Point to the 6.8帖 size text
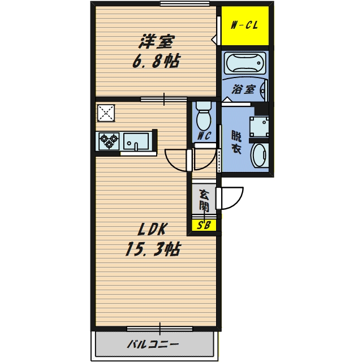tap(157, 61)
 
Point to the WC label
tap(204, 136)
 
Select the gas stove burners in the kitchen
tap(108, 140)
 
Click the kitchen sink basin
tap(136, 140)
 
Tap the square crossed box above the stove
tap(106, 113)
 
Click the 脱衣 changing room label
tap(236, 142)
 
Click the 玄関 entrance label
tap(204, 200)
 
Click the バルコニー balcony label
tap(153, 344)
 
